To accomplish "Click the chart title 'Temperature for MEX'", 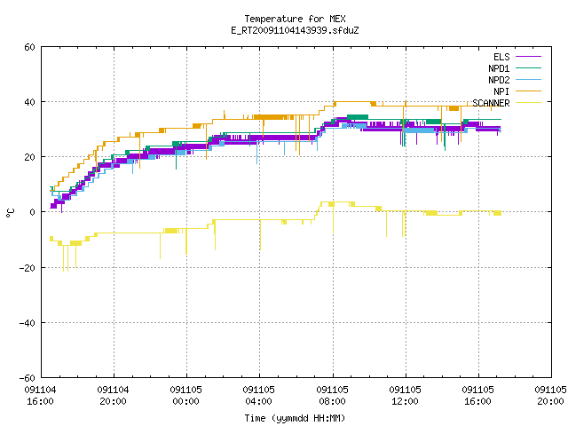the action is tap(295, 19).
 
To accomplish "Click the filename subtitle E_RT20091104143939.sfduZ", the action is tap(295, 30).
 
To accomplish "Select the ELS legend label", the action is tap(501, 57).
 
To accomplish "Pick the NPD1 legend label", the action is tap(499, 68).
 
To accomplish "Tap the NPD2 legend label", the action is tap(499, 80).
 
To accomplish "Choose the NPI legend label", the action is tap(501, 91).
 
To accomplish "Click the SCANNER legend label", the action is tap(491, 103).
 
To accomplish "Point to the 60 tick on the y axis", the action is tap(29, 47).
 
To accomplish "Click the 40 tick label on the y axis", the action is tap(29, 102).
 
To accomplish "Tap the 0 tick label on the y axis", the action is tap(33, 212).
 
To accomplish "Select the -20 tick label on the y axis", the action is tap(28, 268).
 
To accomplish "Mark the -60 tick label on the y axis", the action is tap(28, 378).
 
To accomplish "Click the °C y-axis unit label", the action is tap(10, 213).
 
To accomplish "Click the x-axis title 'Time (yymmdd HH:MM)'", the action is tap(295, 418).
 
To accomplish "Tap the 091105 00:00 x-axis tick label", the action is tap(185, 396).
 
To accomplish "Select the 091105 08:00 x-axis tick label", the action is tap(332, 396).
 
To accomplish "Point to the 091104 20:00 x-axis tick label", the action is tap(113, 396).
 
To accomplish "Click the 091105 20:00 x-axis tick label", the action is tap(550, 396).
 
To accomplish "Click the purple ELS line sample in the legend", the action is tap(529, 57).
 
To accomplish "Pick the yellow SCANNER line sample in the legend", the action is tap(529, 103).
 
